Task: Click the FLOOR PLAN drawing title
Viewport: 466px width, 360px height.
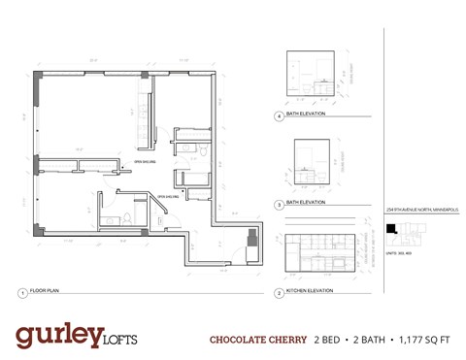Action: coord(46,292)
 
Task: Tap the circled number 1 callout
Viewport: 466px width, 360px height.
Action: coord(21,292)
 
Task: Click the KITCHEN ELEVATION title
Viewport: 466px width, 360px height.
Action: coord(314,292)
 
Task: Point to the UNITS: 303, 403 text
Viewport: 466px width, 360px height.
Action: coord(401,252)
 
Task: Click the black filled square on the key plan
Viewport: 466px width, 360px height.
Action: coord(391,229)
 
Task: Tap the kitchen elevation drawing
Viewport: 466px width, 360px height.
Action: coord(323,253)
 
